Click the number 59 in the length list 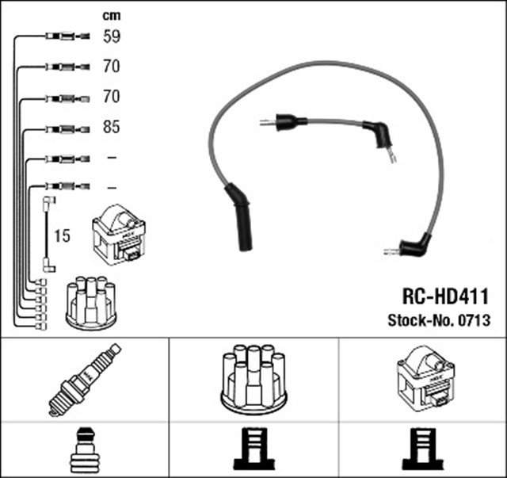coord(111,36)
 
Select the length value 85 coord(111,127)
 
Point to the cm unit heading coord(112,15)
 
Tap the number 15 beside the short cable coord(63,235)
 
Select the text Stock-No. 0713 coord(439,321)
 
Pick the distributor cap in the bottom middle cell coord(253,378)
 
